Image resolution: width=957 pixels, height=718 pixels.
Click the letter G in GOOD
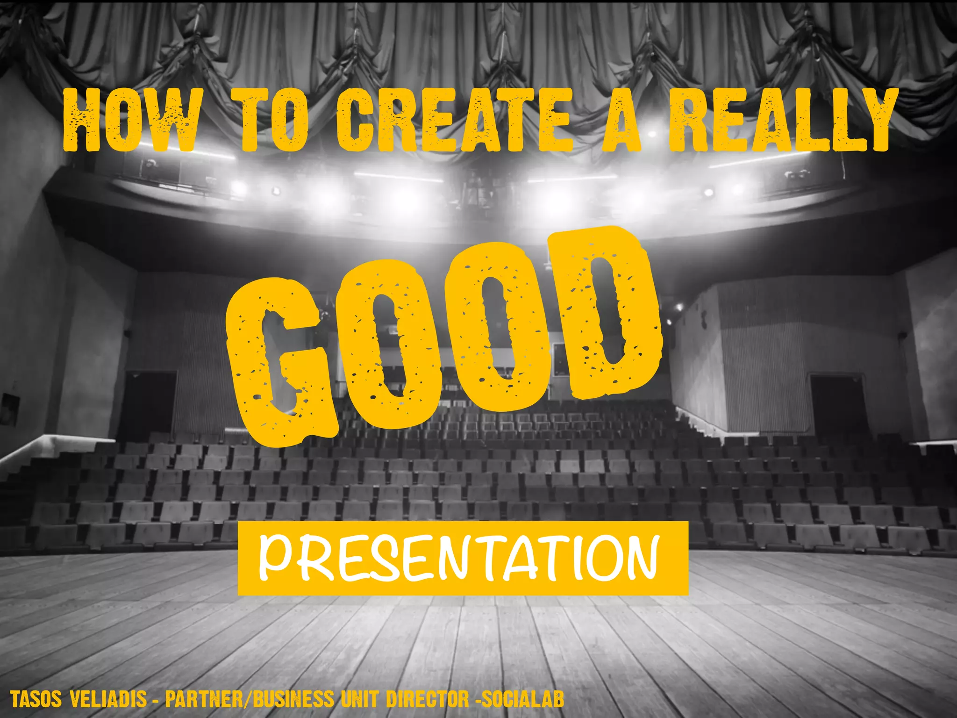click(x=280, y=360)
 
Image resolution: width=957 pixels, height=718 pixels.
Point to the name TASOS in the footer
click(x=36, y=700)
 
